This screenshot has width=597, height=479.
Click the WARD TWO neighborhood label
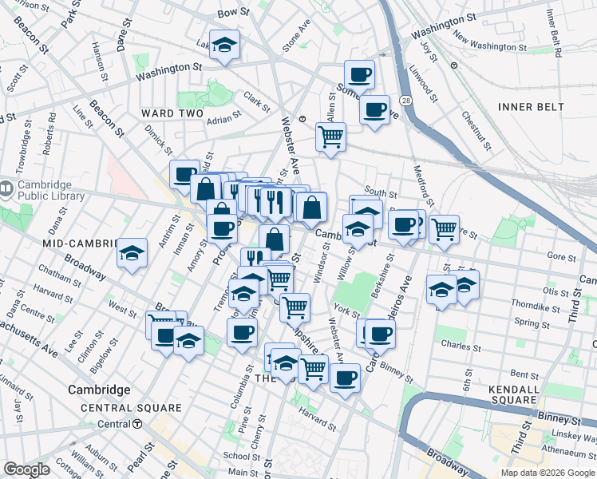172,113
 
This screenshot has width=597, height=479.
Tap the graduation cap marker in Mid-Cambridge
132,254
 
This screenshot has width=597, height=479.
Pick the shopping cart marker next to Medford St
444,228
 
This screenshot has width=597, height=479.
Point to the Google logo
26,469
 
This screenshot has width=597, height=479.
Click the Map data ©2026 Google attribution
548,472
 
